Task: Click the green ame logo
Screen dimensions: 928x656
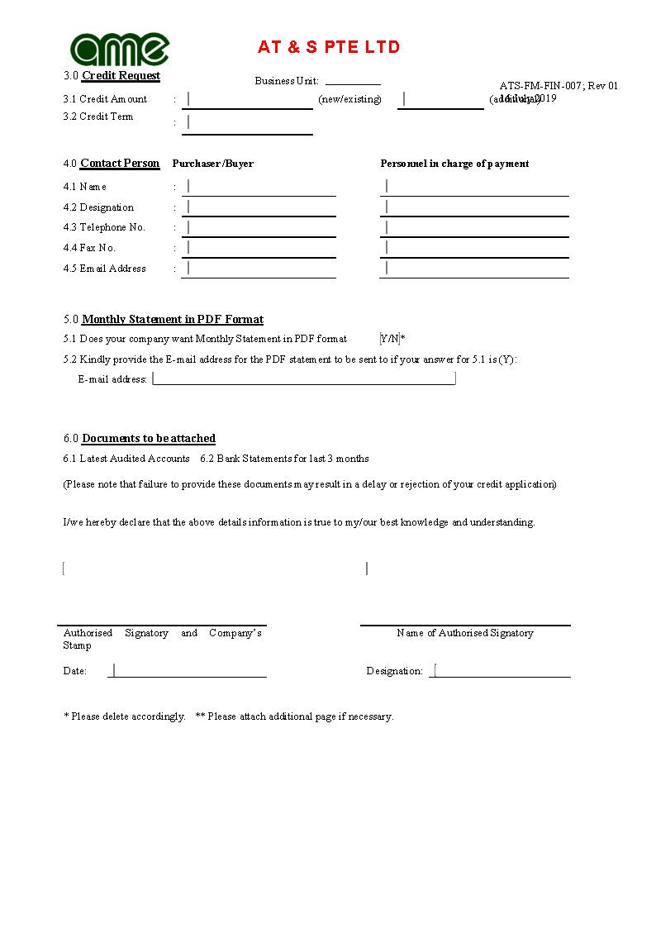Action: [120, 49]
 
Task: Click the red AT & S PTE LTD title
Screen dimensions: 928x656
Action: [329, 47]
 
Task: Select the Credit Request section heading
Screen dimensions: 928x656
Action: [121, 76]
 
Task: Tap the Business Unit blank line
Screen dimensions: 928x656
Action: [353, 80]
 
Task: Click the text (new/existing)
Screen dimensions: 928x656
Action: [350, 99]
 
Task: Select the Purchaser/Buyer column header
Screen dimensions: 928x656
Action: [212, 164]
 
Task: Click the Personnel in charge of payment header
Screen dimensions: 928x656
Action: [454, 164]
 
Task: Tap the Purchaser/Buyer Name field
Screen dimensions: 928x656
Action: [259, 187]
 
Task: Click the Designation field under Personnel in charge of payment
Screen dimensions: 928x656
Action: [475, 207]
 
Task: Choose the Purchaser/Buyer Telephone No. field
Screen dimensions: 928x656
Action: [259, 227]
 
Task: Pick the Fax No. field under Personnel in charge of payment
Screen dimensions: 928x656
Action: [475, 248]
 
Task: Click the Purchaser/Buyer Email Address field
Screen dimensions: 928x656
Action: [259, 269]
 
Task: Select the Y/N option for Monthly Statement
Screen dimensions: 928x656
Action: [390, 339]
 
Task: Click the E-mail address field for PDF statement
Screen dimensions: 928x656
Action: [304, 378]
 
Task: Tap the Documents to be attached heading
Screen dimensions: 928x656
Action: [149, 439]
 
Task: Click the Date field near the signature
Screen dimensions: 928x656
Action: [188, 670]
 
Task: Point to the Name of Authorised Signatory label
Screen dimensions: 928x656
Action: [465, 633]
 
